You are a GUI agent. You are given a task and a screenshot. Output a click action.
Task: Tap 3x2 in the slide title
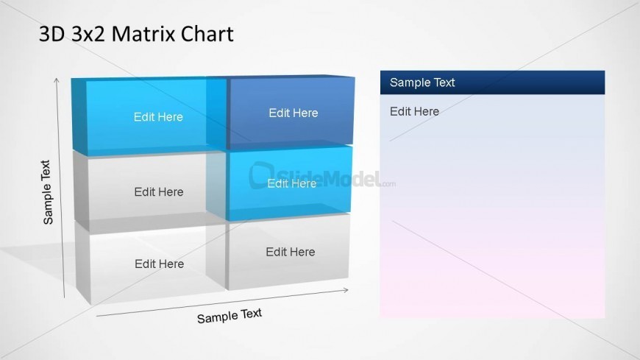click(x=87, y=34)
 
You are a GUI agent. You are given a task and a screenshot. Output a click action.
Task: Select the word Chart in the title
click(x=208, y=34)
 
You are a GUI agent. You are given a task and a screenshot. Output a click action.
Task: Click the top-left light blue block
click(x=157, y=116)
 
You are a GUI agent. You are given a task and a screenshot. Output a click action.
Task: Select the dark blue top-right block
click(x=293, y=113)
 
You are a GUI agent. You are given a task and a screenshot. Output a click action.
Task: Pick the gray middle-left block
click(x=158, y=191)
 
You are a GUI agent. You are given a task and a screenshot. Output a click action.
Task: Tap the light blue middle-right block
click(x=291, y=183)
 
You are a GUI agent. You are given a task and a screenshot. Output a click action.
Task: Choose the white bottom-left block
click(x=159, y=264)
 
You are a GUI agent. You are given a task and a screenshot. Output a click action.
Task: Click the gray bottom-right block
click(x=290, y=252)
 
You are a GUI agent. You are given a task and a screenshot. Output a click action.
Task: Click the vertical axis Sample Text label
click(x=48, y=191)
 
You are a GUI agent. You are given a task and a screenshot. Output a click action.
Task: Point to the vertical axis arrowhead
click(x=57, y=80)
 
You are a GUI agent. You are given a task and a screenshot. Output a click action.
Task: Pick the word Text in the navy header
click(x=444, y=82)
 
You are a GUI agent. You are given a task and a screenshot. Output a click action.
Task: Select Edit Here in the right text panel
click(x=414, y=111)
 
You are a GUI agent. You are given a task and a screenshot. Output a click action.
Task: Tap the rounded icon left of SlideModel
click(x=260, y=176)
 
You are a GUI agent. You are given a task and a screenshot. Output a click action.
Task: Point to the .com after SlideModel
click(x=388, y=184)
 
